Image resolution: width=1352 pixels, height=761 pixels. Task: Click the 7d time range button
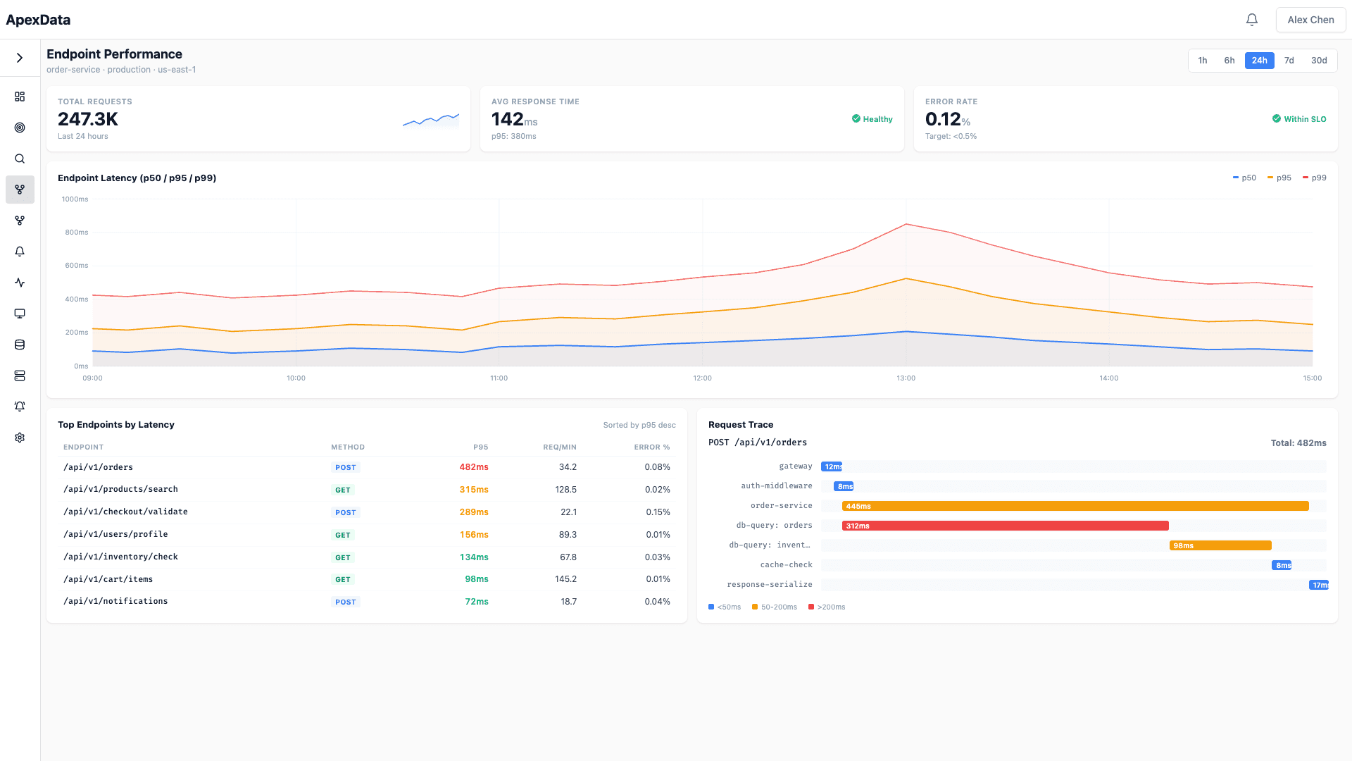point(1289,61)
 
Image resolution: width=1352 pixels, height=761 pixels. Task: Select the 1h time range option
point(1203,61)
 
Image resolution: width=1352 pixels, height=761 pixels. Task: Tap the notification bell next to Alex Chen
point(1251,20)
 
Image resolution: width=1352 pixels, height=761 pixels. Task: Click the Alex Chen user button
point(1310,20)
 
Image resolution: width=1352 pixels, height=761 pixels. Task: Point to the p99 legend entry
point(1315,178)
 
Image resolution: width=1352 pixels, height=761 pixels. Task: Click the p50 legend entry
point(1244,178)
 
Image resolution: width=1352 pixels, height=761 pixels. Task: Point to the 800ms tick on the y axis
point(77,233)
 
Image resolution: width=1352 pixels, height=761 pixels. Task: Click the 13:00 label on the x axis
point(906,378)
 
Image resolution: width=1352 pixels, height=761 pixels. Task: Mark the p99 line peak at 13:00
point(906,224)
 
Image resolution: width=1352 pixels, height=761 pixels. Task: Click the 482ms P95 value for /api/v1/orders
point(473,467)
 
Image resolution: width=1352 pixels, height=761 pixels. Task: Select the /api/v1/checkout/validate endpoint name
point(125,512)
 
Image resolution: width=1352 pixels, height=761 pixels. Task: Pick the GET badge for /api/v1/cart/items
point(343,579)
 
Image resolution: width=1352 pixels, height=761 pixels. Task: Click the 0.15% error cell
point(658,512)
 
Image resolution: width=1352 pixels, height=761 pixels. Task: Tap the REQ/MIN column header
point(559,447)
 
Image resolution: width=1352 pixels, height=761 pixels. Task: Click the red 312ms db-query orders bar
point(1005,526)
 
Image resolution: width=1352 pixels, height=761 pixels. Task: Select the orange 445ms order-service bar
point(1075,506)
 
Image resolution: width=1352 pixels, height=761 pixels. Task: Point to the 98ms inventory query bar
point(1220,545)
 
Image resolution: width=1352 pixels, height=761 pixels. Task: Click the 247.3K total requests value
point(88,119)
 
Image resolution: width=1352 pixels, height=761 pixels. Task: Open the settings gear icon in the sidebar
point(20,438)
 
